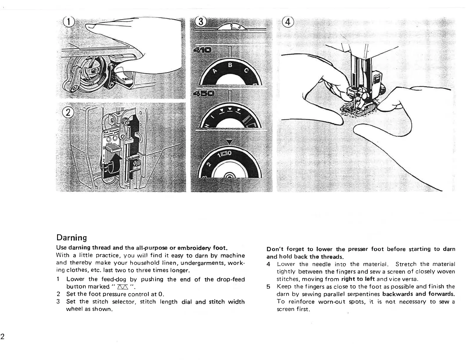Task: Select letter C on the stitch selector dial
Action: pos(246,71)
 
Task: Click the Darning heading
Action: pos(71,238)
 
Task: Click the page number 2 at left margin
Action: pos(2,337)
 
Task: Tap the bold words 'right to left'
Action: pos(358,279)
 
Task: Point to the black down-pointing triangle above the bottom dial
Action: pos(231,142)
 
